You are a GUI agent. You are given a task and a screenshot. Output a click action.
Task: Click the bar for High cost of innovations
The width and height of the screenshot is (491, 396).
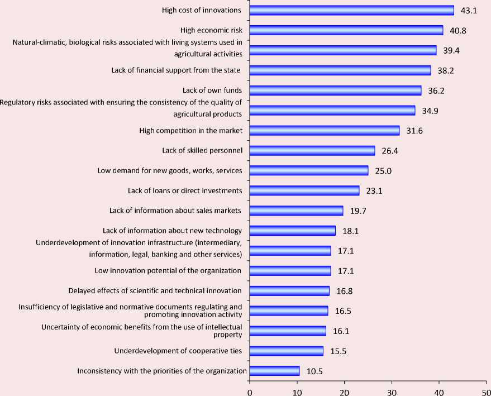[352, 10]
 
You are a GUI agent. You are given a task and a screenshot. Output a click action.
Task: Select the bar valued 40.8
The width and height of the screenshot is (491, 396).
[346, 30]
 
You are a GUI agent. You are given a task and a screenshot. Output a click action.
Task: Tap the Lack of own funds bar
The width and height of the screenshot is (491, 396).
[335, 90]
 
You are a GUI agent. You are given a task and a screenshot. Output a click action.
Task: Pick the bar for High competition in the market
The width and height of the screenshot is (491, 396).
[325, 131]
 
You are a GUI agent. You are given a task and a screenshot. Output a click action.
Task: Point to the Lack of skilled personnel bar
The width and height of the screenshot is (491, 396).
[312, 151]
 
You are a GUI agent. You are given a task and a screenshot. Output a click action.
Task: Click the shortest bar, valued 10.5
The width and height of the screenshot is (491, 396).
[274, 371]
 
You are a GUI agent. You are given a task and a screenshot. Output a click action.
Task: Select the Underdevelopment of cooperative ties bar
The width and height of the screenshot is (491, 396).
[286, 351]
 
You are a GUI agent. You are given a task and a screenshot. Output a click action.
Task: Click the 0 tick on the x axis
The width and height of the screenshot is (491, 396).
[250, 392]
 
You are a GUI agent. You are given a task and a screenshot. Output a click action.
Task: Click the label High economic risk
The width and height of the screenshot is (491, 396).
[211, 30]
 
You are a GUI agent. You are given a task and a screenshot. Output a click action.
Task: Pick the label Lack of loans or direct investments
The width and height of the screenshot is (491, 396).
[185, 191]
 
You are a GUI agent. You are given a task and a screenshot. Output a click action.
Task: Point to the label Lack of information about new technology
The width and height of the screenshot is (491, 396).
[173, 231]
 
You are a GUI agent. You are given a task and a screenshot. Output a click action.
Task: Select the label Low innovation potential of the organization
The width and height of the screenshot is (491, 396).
[168, 271]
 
